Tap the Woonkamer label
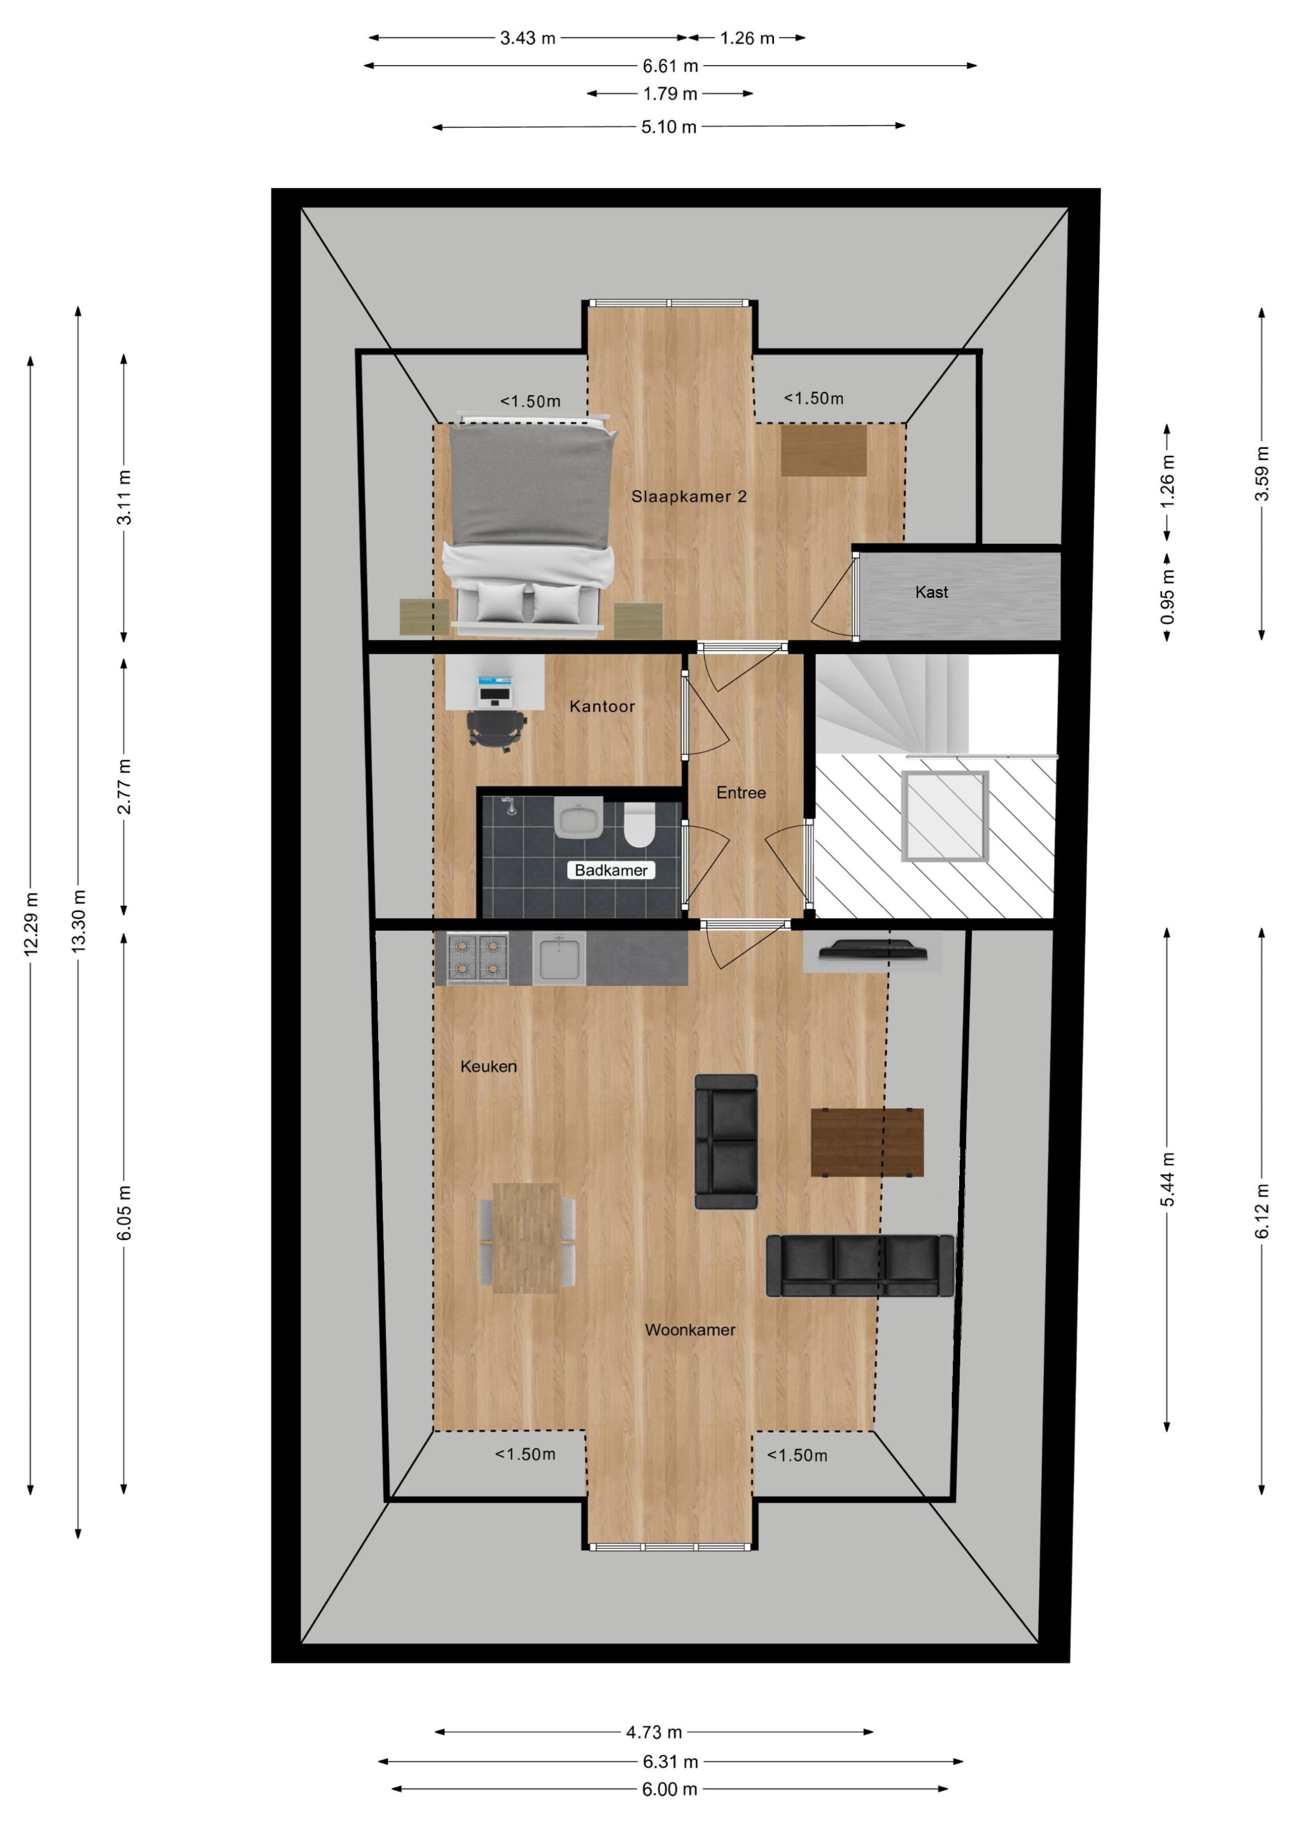click(x=689, y=1329)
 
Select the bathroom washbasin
click(x=579, y=817)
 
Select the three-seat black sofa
click(x=860, y=1266)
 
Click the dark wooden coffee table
click(x=867, y=1143)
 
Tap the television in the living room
click(x=873, y=951)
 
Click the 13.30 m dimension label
click(x=78, y=921)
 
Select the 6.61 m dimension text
click(x=670, y=66)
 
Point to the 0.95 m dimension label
click(x=1167, y=597)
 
